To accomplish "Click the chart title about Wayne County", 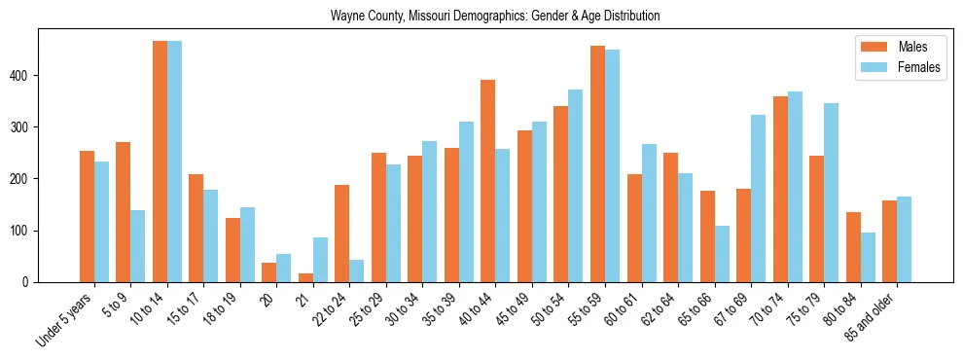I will [495, 16].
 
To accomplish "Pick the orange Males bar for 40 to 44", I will [488, 181].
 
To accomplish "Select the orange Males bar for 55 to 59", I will [597, 164].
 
